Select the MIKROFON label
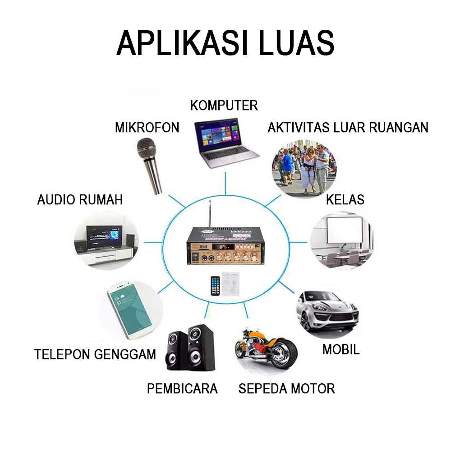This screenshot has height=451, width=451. (x=147, y=128)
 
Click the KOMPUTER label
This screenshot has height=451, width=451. (x=224, y=106)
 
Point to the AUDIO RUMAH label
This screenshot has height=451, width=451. (x=80, y=200)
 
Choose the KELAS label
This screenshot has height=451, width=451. (x=345, y=199)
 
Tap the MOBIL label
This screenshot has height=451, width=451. (x=341, y=350)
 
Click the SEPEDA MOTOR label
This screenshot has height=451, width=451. (x=286, y=388)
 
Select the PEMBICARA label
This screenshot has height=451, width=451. (x=182, y=388)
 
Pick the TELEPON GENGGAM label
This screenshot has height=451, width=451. (x=95, y=354)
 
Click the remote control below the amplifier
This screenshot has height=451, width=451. (x=216, y=285)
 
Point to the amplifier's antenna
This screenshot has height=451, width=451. (x=209, y=214)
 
